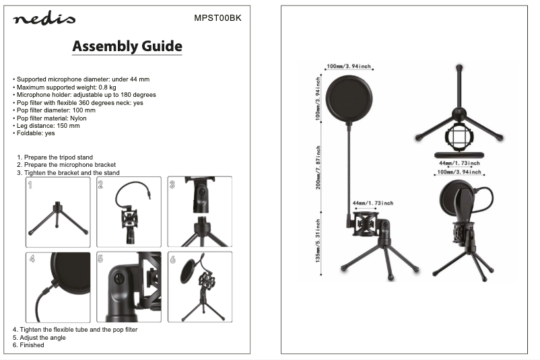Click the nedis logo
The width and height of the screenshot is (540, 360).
pos(44,19)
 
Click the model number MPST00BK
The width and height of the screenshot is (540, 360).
pos(217,18)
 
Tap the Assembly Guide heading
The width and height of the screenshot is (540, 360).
pos(127,46)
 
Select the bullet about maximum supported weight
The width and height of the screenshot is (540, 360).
pos(65,87)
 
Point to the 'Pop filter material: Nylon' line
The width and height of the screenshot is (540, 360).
pos(50,118)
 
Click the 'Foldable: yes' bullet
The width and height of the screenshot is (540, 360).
pos(34,133)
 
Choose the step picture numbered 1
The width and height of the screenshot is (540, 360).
pos(58,212)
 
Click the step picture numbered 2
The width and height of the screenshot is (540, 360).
pos(129,212)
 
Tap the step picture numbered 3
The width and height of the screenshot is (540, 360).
pos(200,212)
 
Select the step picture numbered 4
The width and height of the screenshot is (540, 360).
pos(58,287)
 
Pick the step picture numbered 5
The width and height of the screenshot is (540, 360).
pos(129,287)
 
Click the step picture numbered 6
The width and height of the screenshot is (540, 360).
pos(200,287)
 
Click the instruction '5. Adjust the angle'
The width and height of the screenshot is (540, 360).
pos(39,338)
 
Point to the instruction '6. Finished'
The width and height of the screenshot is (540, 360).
pos(28,345)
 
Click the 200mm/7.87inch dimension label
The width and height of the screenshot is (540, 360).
pos(318,168)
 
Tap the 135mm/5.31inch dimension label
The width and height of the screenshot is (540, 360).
pos(318,241)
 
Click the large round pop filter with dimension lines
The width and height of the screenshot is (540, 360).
pos(349,99)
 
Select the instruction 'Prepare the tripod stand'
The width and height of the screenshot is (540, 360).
pos(55,157)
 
